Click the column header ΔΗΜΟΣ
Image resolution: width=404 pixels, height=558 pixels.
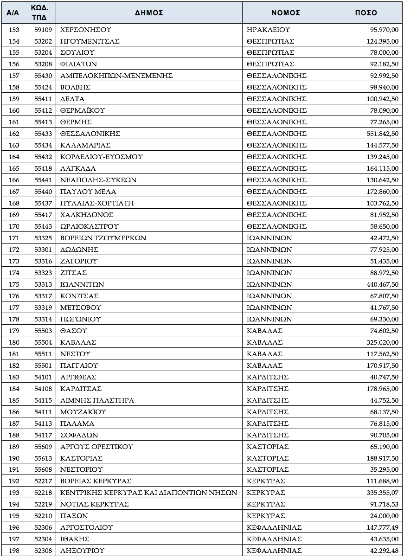149,13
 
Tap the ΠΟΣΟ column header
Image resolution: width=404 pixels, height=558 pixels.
366,13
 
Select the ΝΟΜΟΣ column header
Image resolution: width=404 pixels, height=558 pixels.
286,13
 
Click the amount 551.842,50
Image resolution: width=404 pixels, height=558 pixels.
382,134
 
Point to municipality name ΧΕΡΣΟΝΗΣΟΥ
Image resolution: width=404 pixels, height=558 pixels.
86,30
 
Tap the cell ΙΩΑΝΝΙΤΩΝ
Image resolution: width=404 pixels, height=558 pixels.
82,284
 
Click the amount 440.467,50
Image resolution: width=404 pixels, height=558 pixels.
382,284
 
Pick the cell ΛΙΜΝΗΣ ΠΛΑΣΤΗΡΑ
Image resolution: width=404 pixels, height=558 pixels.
97,400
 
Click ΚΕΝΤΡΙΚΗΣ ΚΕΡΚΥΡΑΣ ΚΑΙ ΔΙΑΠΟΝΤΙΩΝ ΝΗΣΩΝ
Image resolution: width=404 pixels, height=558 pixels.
148,493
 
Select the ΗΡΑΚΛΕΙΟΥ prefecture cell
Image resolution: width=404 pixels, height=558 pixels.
269,30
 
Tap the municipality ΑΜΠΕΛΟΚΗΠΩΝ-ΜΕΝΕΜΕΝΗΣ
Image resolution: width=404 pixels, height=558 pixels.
116,76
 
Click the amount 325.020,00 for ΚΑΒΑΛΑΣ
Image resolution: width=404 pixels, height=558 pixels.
382,342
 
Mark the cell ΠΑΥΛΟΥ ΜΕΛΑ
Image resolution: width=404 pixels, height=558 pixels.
88,192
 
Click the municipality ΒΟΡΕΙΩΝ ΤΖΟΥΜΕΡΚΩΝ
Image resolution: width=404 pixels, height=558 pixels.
103,238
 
